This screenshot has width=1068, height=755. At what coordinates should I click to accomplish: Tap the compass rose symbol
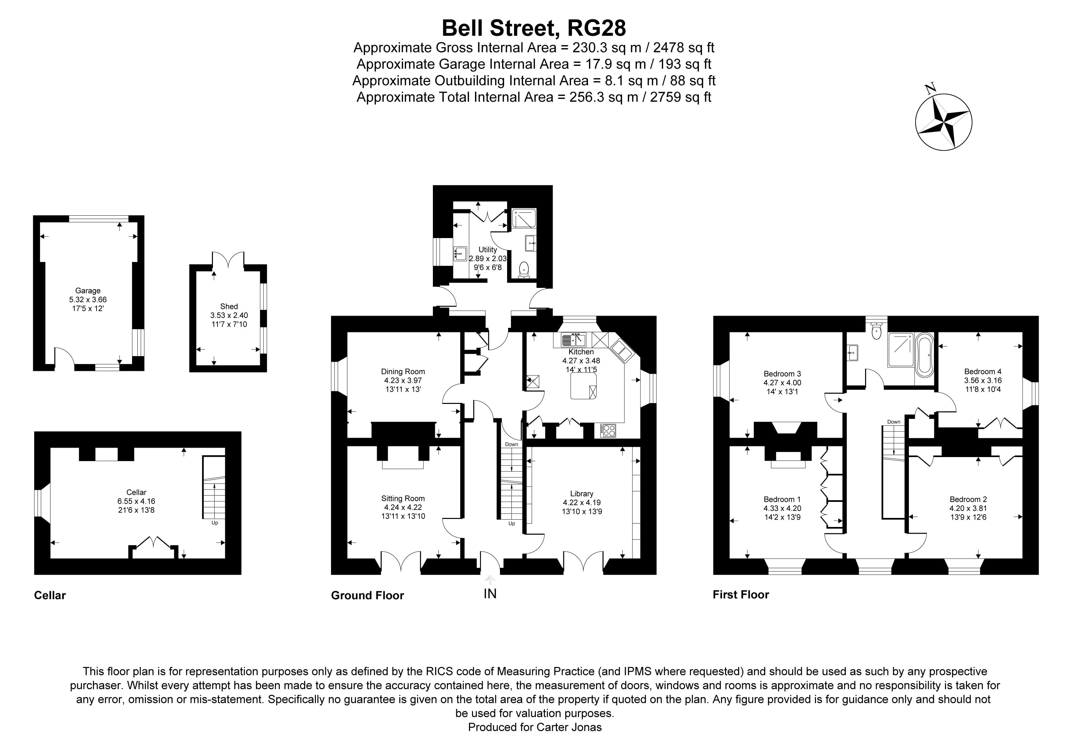pos(943,122)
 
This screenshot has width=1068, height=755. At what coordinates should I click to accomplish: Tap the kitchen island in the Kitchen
pos(583,386)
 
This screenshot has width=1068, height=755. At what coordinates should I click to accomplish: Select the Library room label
pos(581,494)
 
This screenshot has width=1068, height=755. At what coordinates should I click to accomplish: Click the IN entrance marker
pos(490,594)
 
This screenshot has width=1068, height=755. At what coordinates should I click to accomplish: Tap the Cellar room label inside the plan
pos(136,492)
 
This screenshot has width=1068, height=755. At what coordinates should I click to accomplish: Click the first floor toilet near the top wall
pos(876,332)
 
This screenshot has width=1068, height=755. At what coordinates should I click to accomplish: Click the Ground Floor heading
pos(367,596)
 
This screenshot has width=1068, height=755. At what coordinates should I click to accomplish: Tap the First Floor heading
pos(740,595)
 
